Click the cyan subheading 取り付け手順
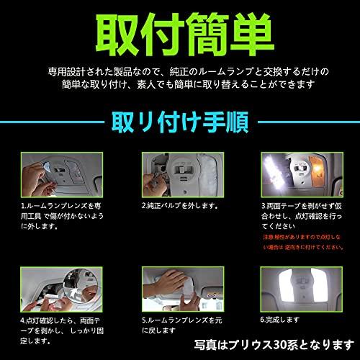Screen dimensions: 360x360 click(180, 119)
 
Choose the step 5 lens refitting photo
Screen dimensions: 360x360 click(180, 287)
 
